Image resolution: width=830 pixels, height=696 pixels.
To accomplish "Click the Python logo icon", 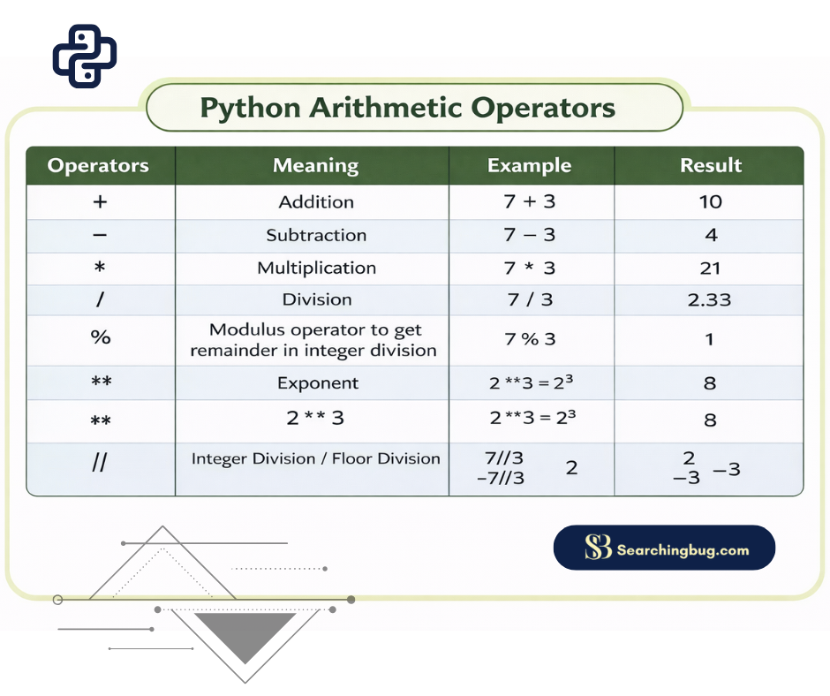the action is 85,56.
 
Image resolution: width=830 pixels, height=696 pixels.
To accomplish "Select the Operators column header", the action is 98,165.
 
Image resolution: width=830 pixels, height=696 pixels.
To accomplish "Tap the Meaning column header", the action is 316,165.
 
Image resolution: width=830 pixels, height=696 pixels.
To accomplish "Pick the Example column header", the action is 529,165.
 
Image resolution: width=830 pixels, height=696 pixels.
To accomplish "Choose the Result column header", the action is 711,165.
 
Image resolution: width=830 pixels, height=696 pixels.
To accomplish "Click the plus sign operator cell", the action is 100,201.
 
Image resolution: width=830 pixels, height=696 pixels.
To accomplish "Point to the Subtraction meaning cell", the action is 316,235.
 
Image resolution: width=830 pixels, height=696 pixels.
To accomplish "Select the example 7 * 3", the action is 529,268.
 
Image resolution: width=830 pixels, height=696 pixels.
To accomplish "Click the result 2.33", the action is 709,299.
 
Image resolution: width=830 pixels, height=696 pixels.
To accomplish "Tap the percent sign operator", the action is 101,337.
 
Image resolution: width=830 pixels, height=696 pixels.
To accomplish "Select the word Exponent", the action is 318,383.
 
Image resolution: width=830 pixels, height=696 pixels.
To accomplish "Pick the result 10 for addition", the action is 711,201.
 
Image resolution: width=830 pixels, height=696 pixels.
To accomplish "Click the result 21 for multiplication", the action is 710,268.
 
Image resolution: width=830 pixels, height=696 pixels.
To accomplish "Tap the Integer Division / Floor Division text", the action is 316,458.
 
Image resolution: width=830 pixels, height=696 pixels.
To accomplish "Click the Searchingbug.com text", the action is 683,549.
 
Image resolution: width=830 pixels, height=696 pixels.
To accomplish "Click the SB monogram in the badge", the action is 598,547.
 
